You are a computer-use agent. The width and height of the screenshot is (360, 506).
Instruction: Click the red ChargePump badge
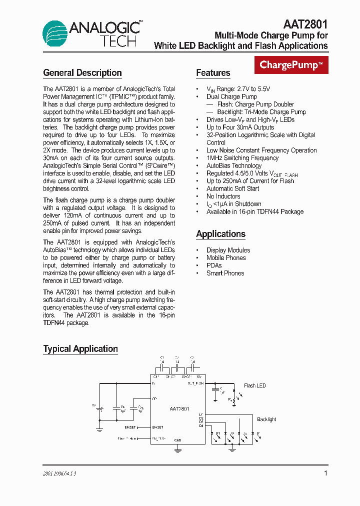tap(292, 65)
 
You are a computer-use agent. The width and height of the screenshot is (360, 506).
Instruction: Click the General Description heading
tap(82, 73)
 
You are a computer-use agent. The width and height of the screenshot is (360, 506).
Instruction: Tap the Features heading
tap(213, 73)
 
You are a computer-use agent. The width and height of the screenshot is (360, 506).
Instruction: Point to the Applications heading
tap(220, 234)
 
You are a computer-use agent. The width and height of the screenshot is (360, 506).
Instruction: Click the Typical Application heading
tap(80, 349)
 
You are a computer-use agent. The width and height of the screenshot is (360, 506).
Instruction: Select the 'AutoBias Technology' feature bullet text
tap(234, 165)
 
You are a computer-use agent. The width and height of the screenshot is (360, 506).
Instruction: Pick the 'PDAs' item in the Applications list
tap(214, 265)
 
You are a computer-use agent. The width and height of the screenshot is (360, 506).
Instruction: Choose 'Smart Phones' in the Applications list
tap(225, 273)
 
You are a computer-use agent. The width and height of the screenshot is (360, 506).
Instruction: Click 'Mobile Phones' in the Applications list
tap(226, 258)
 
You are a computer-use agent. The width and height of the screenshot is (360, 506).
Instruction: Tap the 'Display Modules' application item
tap(228, 250)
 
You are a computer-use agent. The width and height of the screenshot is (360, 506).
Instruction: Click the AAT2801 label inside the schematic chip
tap(178, 409)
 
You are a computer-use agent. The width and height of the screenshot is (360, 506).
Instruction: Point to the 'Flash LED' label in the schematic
tap(255, 385)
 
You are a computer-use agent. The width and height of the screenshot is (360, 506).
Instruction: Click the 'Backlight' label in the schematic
tap(266, 419)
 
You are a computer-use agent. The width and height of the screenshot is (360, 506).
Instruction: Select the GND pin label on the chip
tap(177, 440)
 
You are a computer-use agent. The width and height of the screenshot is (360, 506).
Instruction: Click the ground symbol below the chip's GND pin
tap(177, 449)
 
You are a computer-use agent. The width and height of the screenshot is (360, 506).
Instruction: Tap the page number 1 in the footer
tap(326, 473)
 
